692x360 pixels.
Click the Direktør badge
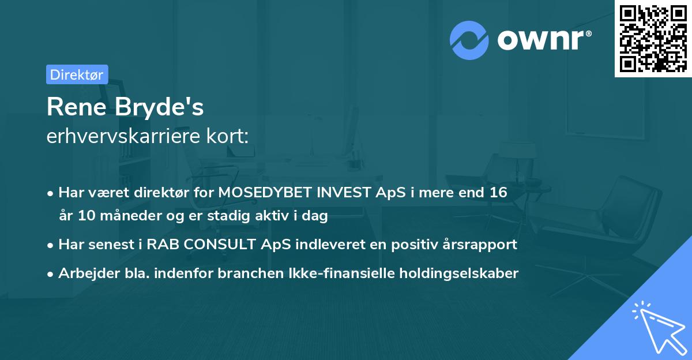[x=77, y=74]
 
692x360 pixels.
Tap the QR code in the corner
[x=653, y=38]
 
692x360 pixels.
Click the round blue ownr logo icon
[x=469, y=40]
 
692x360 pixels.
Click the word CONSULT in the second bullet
[x=216, y=244]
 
